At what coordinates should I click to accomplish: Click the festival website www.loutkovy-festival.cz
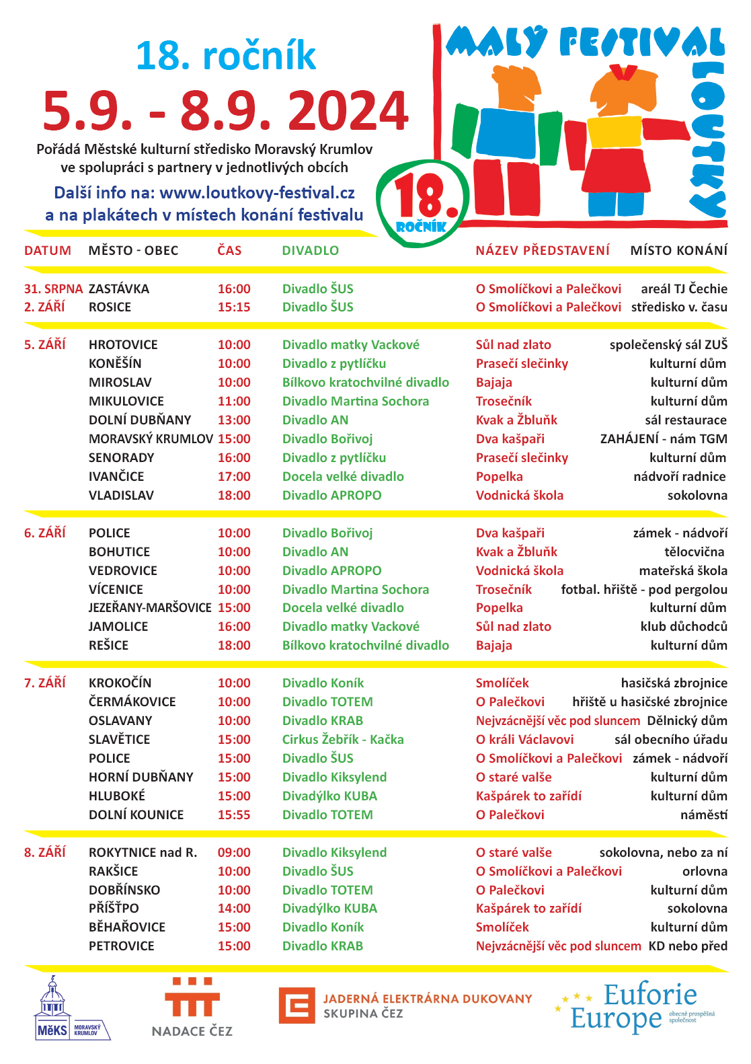257,193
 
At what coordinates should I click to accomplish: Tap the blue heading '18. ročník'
225,56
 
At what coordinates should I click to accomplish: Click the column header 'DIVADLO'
310,251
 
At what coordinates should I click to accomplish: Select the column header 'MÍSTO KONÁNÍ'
678,251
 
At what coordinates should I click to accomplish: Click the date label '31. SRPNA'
53,289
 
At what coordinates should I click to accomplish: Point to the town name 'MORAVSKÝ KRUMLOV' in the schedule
151,439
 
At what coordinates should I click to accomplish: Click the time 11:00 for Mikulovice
233,402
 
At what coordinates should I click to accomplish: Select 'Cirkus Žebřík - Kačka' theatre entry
343,740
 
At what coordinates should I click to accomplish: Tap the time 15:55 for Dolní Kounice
233,815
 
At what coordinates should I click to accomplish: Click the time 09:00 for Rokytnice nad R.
233,853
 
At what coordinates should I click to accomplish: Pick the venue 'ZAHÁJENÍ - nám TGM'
663,439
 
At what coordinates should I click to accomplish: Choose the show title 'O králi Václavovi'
524,740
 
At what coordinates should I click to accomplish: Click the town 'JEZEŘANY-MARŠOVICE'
150,608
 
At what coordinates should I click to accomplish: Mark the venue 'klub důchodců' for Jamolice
683,627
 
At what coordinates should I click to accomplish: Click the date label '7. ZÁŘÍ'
45,683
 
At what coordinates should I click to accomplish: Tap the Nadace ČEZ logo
192,1007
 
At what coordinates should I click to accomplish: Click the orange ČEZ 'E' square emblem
297,1005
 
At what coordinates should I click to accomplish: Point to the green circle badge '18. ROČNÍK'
422,203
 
